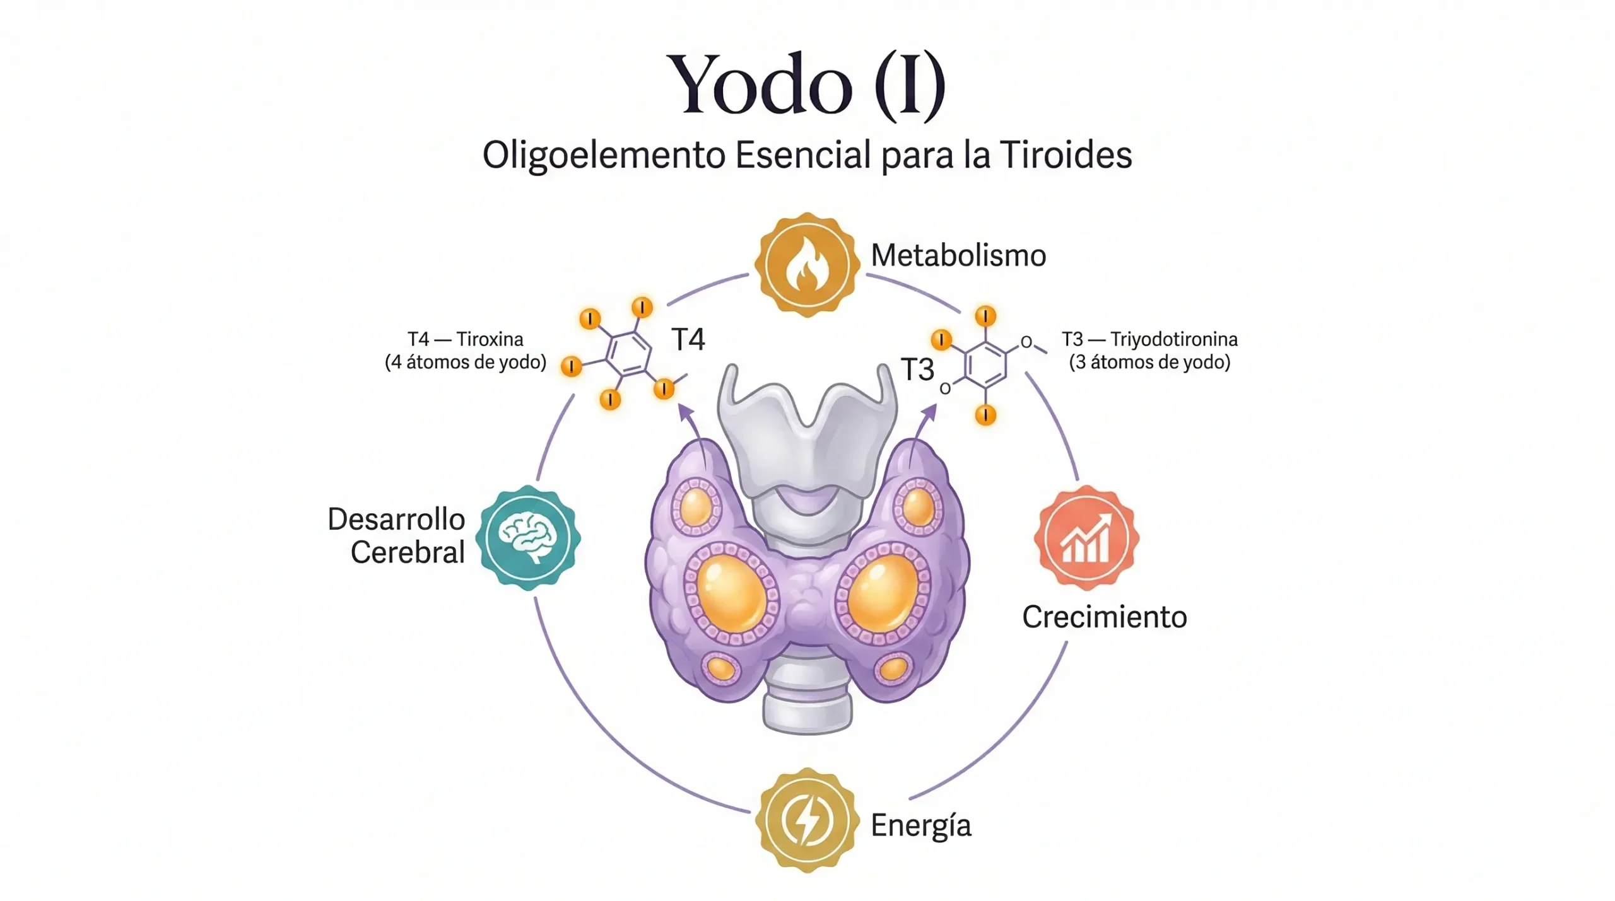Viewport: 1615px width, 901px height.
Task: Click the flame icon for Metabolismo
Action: [x=807, y=265]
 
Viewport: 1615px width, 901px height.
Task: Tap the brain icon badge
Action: [x=528, y=538]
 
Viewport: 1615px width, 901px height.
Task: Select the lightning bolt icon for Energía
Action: [x=807, y=820]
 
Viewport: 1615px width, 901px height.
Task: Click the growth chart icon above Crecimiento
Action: [x=1086, y=538]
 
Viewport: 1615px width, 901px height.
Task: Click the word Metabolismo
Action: [x=958, y=256]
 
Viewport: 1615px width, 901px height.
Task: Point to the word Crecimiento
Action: [x=1104, y=617]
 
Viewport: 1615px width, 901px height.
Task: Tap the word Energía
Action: [x=920, y=825]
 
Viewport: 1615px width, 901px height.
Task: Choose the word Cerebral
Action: [x=408, y=553]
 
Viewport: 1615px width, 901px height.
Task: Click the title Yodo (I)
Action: [x=806, y=85]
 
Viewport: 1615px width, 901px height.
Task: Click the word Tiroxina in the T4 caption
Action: [x=490, y=340]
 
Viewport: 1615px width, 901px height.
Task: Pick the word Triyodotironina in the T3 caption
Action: [x=1173, y=340]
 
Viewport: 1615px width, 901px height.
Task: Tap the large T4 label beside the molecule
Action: [x=688, y=340]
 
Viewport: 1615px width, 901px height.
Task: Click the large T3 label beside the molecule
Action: [x=917, y=369]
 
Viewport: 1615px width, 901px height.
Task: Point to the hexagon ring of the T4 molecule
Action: [x=628, y=353]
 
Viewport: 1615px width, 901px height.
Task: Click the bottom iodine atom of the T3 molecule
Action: [x=985, y=415]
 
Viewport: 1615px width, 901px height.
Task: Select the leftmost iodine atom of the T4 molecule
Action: [x=572, y=366]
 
